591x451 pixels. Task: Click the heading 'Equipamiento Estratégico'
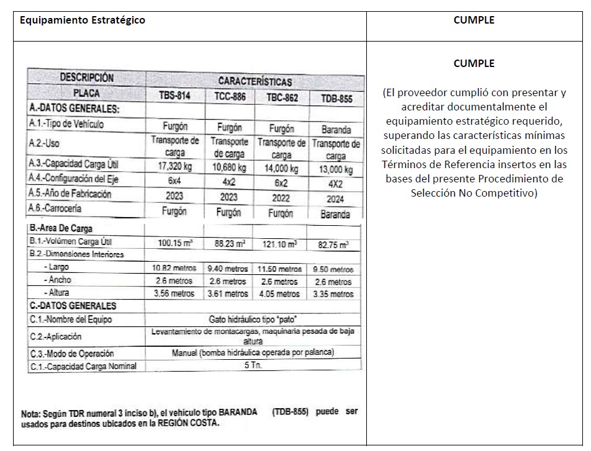pos(83,20)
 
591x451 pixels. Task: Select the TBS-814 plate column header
pos(174,96)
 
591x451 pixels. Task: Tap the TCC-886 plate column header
pos(230,97)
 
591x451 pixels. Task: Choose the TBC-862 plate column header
pos(282,97)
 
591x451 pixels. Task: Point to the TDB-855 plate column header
pos(336,99)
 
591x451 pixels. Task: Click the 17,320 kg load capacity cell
pos(174,166)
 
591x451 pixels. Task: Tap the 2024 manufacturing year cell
pos(336,199)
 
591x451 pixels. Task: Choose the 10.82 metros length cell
pos(174,268)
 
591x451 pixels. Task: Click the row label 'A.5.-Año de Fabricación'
pos(70,194)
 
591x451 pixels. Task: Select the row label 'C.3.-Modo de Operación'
pos(72,354)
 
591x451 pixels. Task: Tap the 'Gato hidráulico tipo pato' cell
pos(253,319)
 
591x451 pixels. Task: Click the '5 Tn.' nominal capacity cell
pos(253,365)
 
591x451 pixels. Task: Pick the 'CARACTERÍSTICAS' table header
pos(255,81)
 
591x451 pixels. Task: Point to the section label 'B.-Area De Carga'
pos(61,228)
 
